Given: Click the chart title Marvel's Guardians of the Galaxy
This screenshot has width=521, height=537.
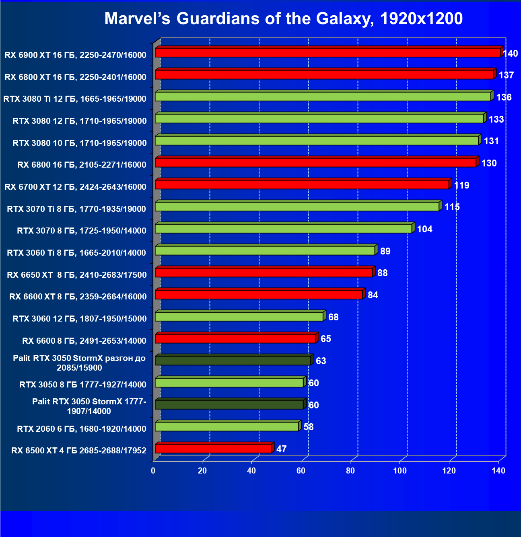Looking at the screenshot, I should click(x=283, y=19).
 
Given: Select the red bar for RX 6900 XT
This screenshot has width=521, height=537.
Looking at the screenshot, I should click(x=328, y=53).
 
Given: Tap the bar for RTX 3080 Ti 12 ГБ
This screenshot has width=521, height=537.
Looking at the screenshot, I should click(x=323, y=96).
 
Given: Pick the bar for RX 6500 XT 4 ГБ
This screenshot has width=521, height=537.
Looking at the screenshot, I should click(x=213, y=448).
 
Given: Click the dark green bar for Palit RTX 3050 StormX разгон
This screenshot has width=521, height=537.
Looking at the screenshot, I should click(x=233, y=361).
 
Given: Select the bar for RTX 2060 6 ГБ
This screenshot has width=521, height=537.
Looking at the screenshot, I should click(x=227, y=426).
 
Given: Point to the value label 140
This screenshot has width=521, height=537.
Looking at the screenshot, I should click(x=511, y=53).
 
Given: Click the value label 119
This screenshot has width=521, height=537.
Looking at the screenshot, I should click(x=461, y=185).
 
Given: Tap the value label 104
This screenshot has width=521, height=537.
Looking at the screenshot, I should click(x=424, y=229).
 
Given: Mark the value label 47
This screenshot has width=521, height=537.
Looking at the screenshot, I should click(x=281, y=449).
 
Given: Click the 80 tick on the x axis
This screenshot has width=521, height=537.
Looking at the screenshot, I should click(x=350, y=471).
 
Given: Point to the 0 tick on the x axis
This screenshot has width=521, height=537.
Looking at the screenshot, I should click(x=153, y=471).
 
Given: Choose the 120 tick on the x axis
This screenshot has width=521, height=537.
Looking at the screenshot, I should click(x=449, y=471).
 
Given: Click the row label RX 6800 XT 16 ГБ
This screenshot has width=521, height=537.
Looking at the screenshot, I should click(x=76, y=77).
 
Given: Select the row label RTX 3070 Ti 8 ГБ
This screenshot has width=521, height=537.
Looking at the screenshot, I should click(x=76, y=209).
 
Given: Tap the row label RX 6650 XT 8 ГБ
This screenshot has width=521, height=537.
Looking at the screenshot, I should click(x=77, y=275).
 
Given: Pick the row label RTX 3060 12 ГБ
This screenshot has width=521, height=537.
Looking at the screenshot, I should click(x=80, y=319).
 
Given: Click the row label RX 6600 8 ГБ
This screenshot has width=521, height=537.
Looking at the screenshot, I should click(x=84, y=341).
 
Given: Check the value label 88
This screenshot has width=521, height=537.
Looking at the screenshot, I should click(x=382, y=273).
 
